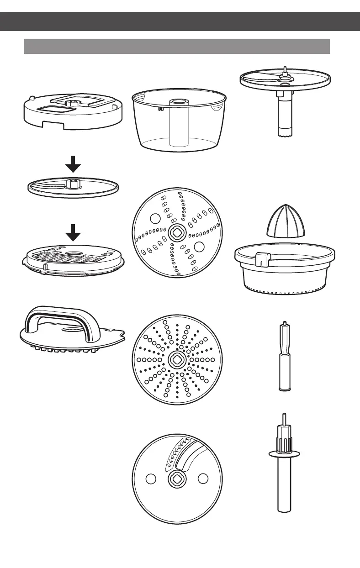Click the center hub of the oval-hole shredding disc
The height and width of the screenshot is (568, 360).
coord(176,233)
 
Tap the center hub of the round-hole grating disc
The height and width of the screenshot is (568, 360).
coord(176,359)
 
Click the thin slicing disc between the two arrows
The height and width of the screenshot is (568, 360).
coord(73,187)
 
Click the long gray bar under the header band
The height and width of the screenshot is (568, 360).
coord(177,46)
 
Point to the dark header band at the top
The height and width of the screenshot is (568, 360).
coord(180,21)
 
